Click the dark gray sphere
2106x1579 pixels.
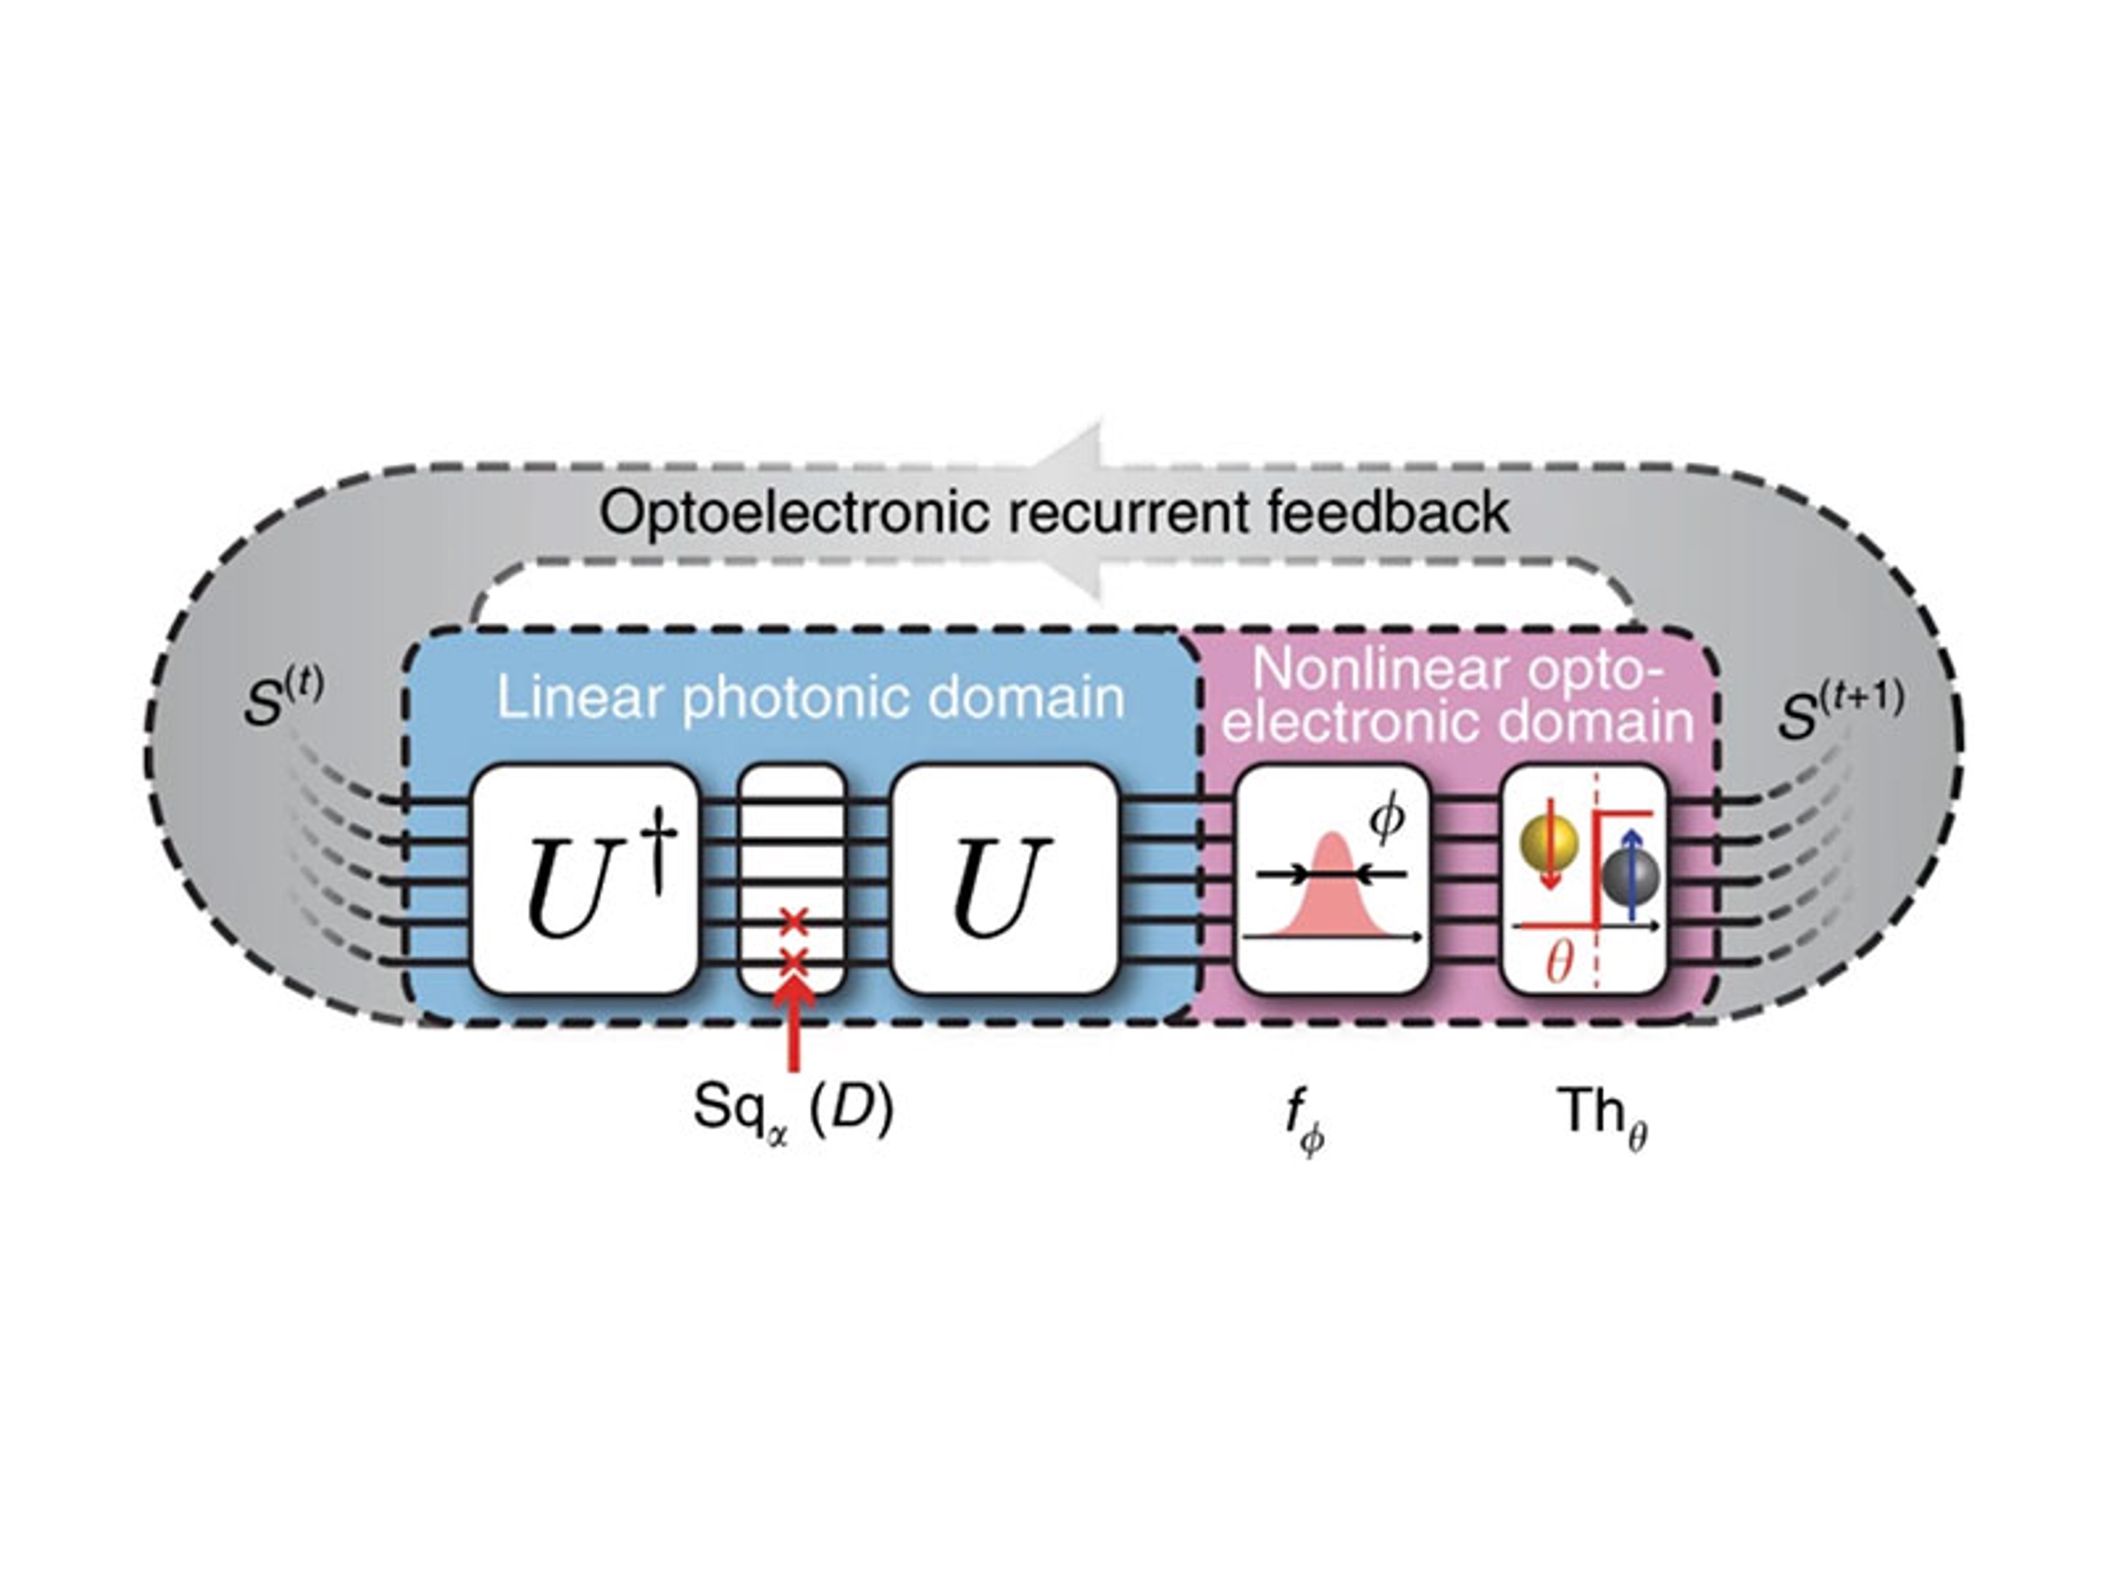click(x=1630, y=877)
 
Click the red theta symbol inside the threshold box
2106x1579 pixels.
click(x=1558, y=964)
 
